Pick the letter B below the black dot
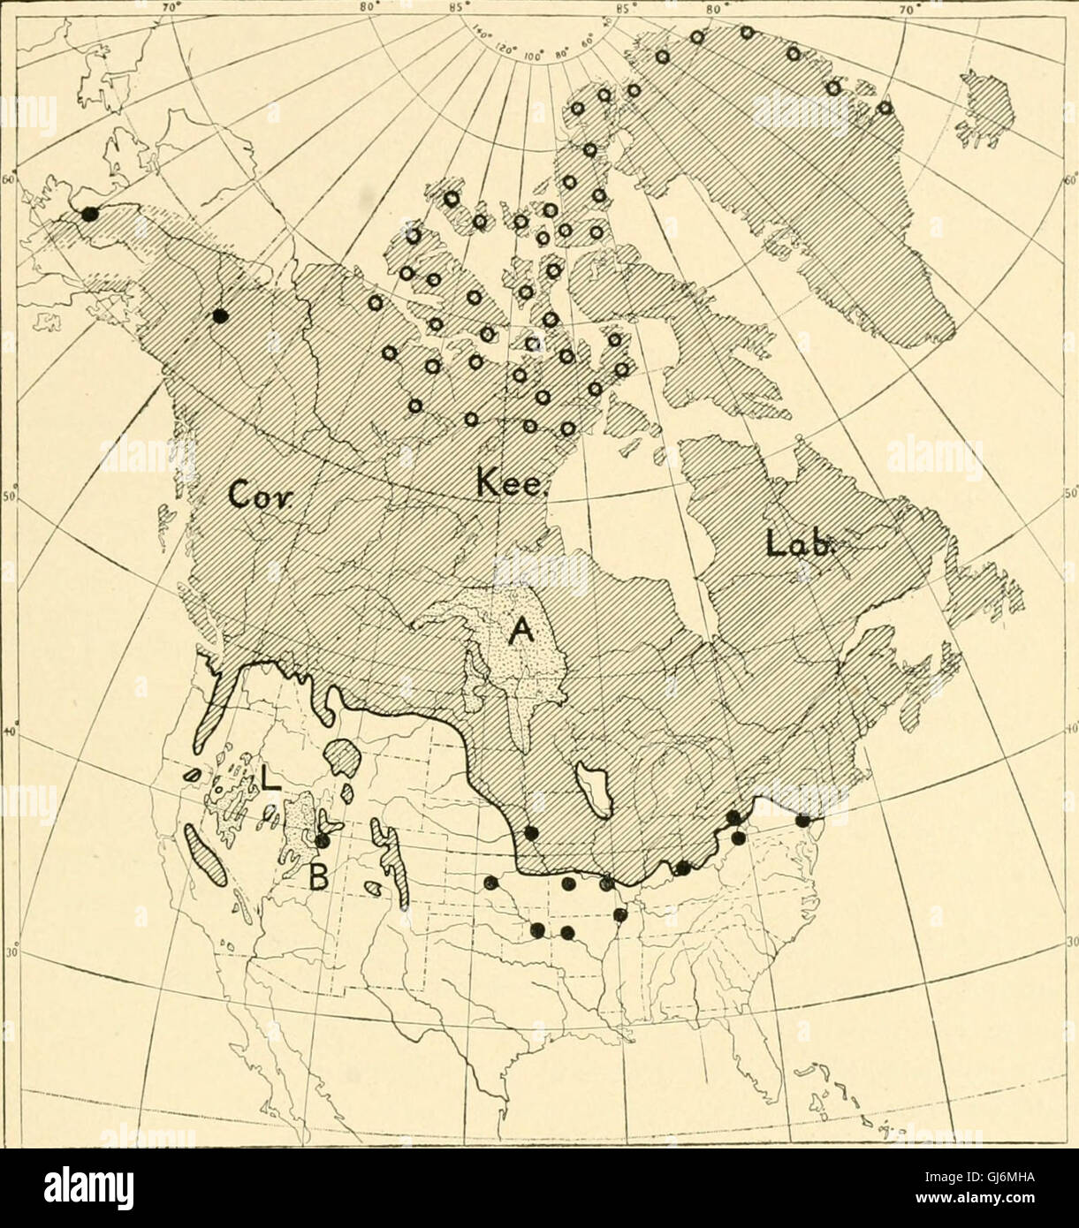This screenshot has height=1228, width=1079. pyautogui.click(x=318, y=876)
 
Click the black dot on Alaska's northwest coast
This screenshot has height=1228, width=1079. pyautogui.click(x=88, y=214)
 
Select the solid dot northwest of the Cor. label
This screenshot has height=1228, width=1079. pyautogui.click(x=220, y=315)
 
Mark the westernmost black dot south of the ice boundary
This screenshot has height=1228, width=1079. pyautogui.click(x=490, y=882)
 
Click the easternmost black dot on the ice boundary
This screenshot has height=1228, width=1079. pyautogui.click(x=802, y=821)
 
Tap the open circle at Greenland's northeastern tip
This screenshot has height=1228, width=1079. pyautogui.click(x=885, y=110)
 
